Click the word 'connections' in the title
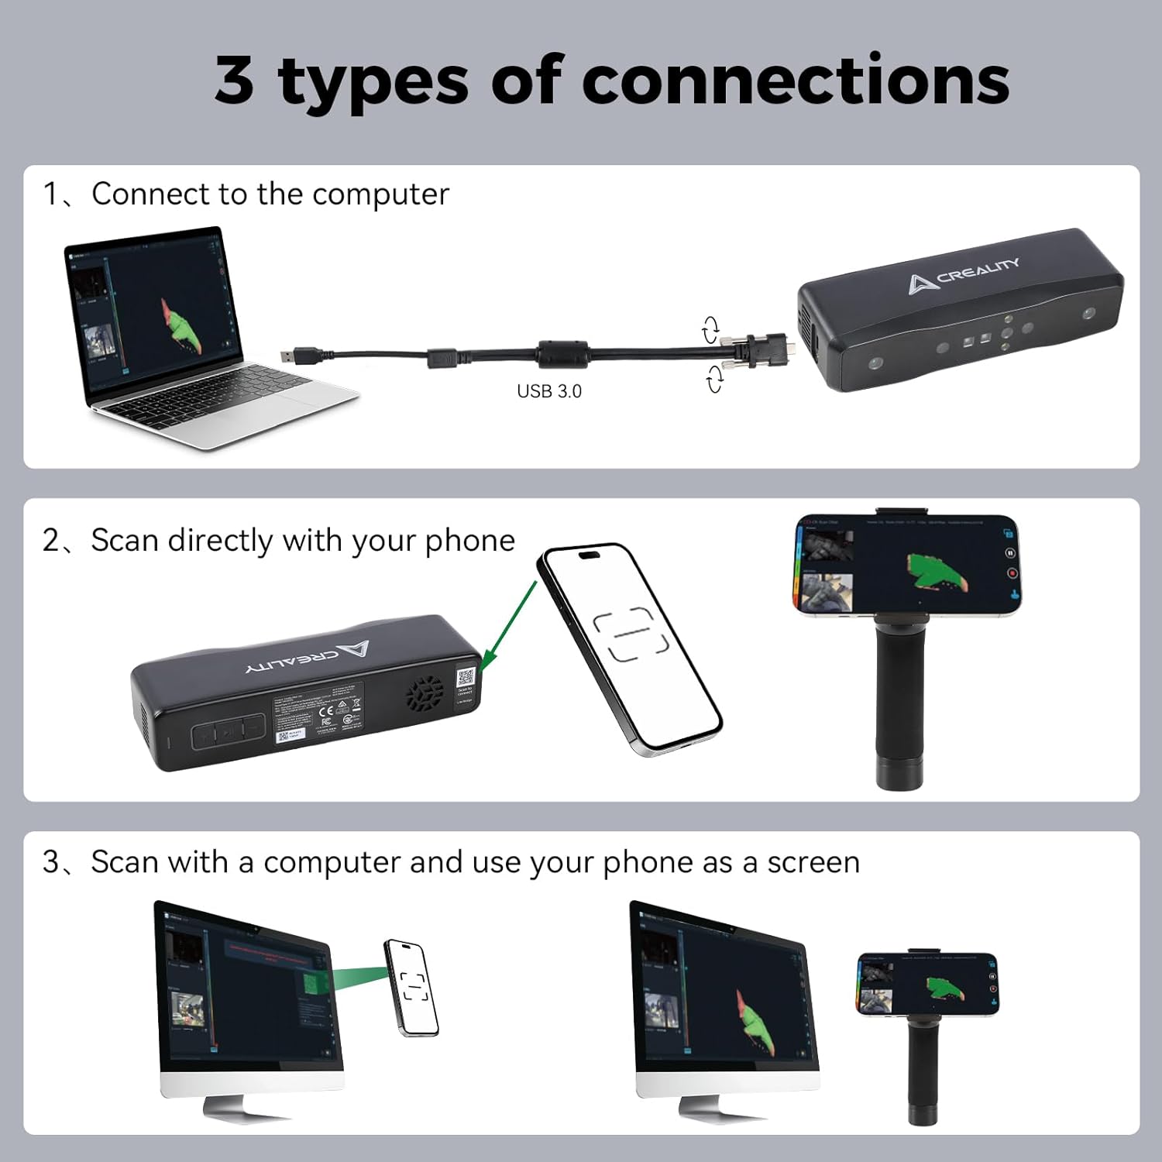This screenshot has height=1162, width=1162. pos(795,81)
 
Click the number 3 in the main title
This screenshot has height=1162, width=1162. pos(234,81)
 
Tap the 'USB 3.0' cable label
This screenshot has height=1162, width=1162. pos(548,391)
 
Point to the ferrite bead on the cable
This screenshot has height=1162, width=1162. pos(563,354)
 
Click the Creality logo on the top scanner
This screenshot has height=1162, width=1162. pos(964,274)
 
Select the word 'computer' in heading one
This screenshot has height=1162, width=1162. pos(380,194)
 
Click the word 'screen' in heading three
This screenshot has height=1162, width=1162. pos(813,861)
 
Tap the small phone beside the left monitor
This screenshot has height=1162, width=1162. pos(411,987)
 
